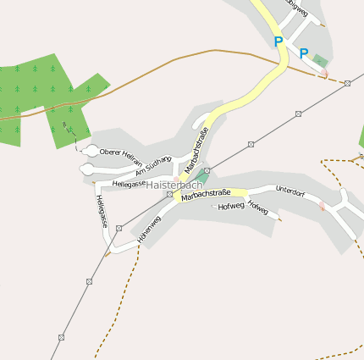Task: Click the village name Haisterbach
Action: coord(174,185)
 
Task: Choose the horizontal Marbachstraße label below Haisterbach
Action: coord(206,194)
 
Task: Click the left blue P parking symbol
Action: coord(278,42)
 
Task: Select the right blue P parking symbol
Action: coord(303,53)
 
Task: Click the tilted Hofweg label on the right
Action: coord(258,208)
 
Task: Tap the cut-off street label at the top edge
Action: coord(296,4)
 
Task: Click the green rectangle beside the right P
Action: coord(320,60)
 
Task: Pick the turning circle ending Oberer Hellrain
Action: coord(91,151)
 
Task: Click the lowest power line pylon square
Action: coord(62,336)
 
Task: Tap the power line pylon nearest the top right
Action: coord(347,83)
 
